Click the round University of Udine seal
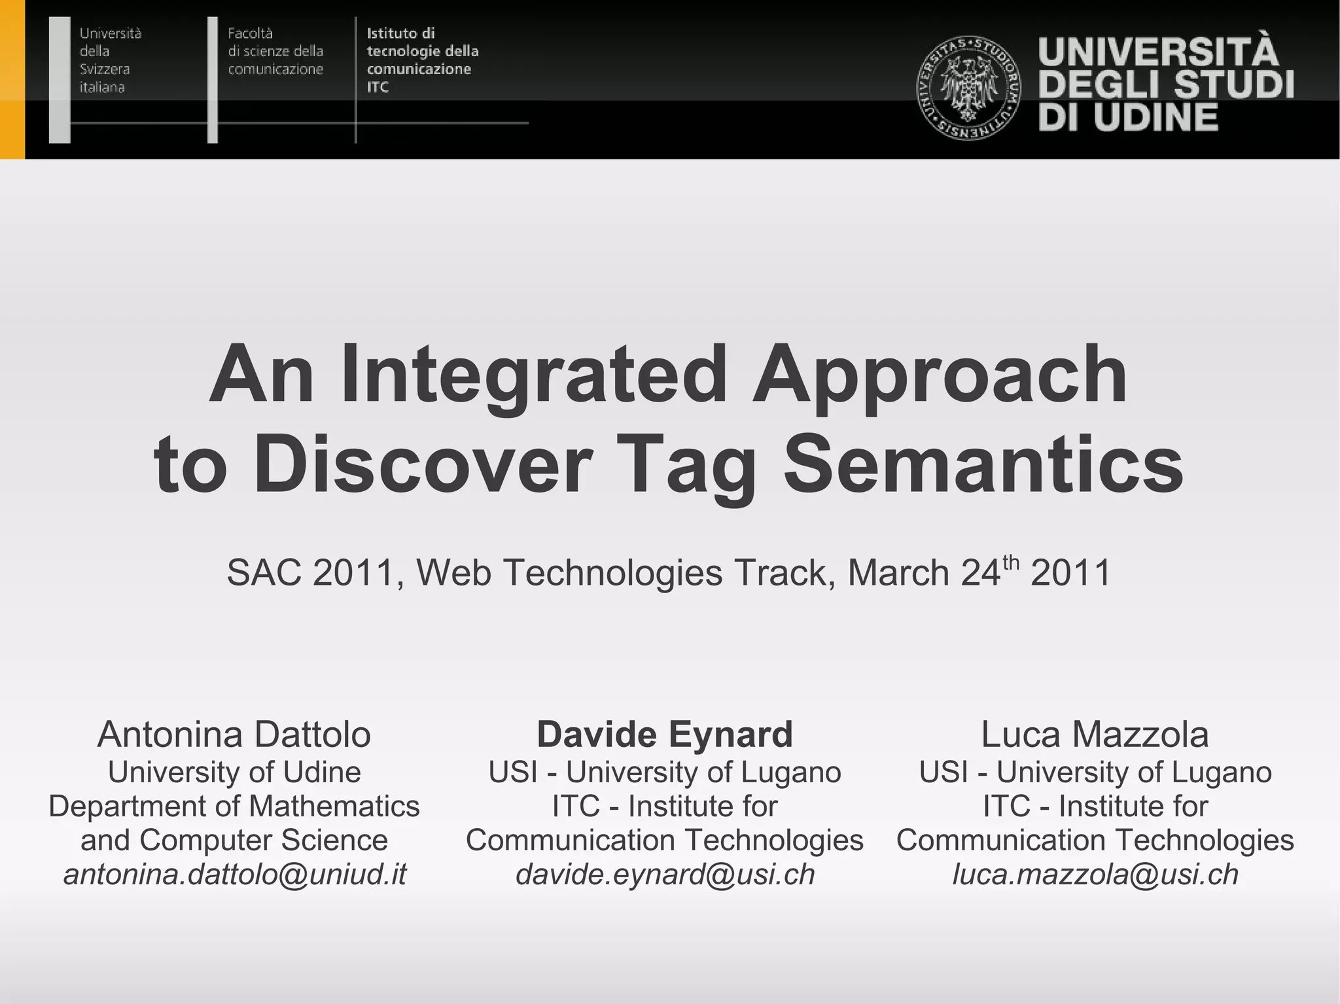tap(968, 87)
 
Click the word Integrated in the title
tap(533, 375)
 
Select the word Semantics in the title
tap(983, 464)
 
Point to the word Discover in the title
tap(422, 464)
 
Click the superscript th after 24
tap(1011, 561)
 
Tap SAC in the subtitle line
tap(264, 573)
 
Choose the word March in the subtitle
tap(898, 573)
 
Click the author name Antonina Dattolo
tap(234, 735)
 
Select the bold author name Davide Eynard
tap(665, 735)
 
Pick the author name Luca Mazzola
tap(1095, 735)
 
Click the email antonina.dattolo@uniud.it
tap(235, 874)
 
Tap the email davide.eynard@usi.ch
tap(665, 874)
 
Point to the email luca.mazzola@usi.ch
tap(1095, 874)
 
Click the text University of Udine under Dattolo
tap(234, 772)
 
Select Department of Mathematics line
tap(234, 806)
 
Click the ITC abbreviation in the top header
tap(378, 87)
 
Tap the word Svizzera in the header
tap(105, 69)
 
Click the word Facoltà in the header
tap(250, 33)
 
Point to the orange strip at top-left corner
tap(12, 78)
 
